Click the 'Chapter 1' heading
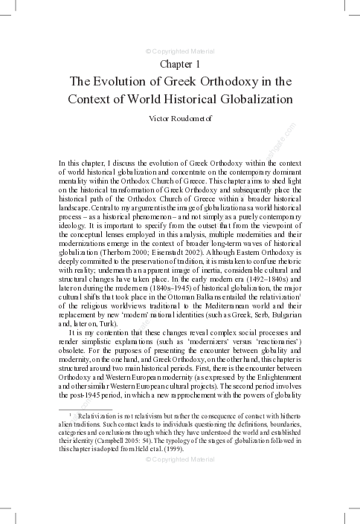pos(180,65)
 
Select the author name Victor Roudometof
pos(180,117)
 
